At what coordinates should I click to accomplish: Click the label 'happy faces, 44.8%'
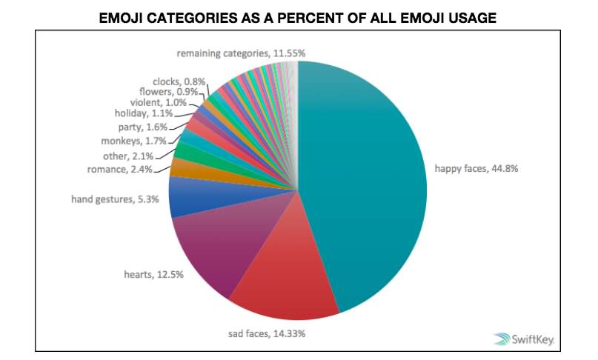click(476, 168)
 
